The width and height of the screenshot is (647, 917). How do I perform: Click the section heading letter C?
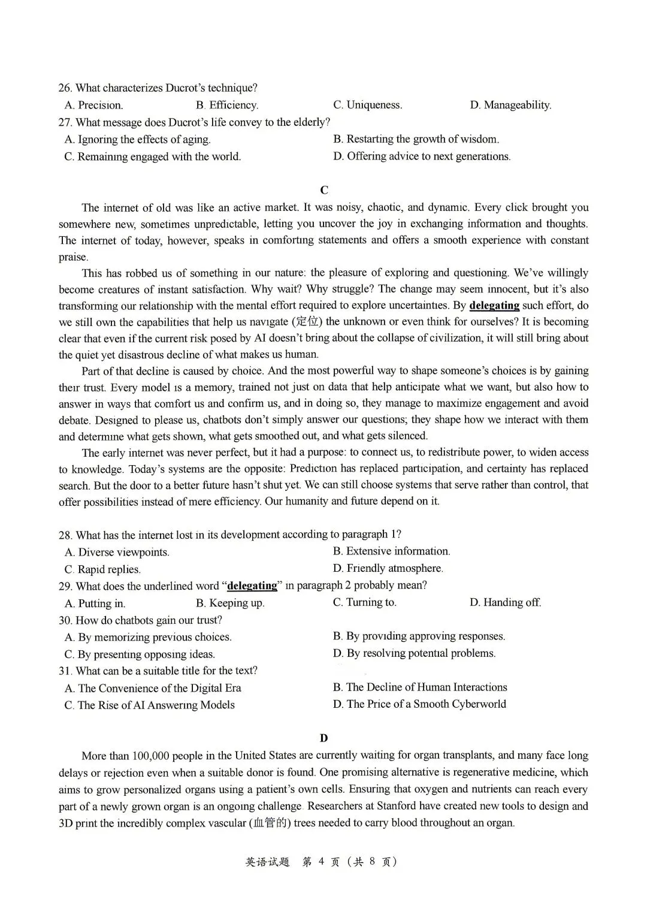(x=324, y=190)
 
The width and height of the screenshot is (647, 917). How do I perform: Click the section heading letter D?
(x=324, y=738)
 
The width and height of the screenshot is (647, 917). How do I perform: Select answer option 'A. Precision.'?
(x=93, y=105)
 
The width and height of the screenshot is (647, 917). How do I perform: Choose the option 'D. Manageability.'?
(x=510, y=105)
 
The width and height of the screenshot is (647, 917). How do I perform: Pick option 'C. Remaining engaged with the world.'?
(x=153, y=157)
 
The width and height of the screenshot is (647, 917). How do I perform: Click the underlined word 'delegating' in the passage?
(x=494, y=305)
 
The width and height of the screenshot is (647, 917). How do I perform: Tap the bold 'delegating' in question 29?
(x=252, y=586)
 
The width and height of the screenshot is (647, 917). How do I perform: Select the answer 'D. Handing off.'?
(x=505, y=602)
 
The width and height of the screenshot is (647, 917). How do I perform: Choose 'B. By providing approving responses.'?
(x=419, y=637)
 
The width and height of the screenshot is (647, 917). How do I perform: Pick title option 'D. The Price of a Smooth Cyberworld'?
(x=419, y=704)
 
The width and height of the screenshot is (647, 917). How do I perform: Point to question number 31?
(x=65, y=671)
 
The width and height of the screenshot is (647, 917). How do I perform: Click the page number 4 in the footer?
(x=321, y=862)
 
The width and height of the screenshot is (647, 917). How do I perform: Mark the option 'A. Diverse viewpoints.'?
(x=117, y=552)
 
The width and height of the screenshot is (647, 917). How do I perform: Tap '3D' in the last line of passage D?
(x=66, y=823)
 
